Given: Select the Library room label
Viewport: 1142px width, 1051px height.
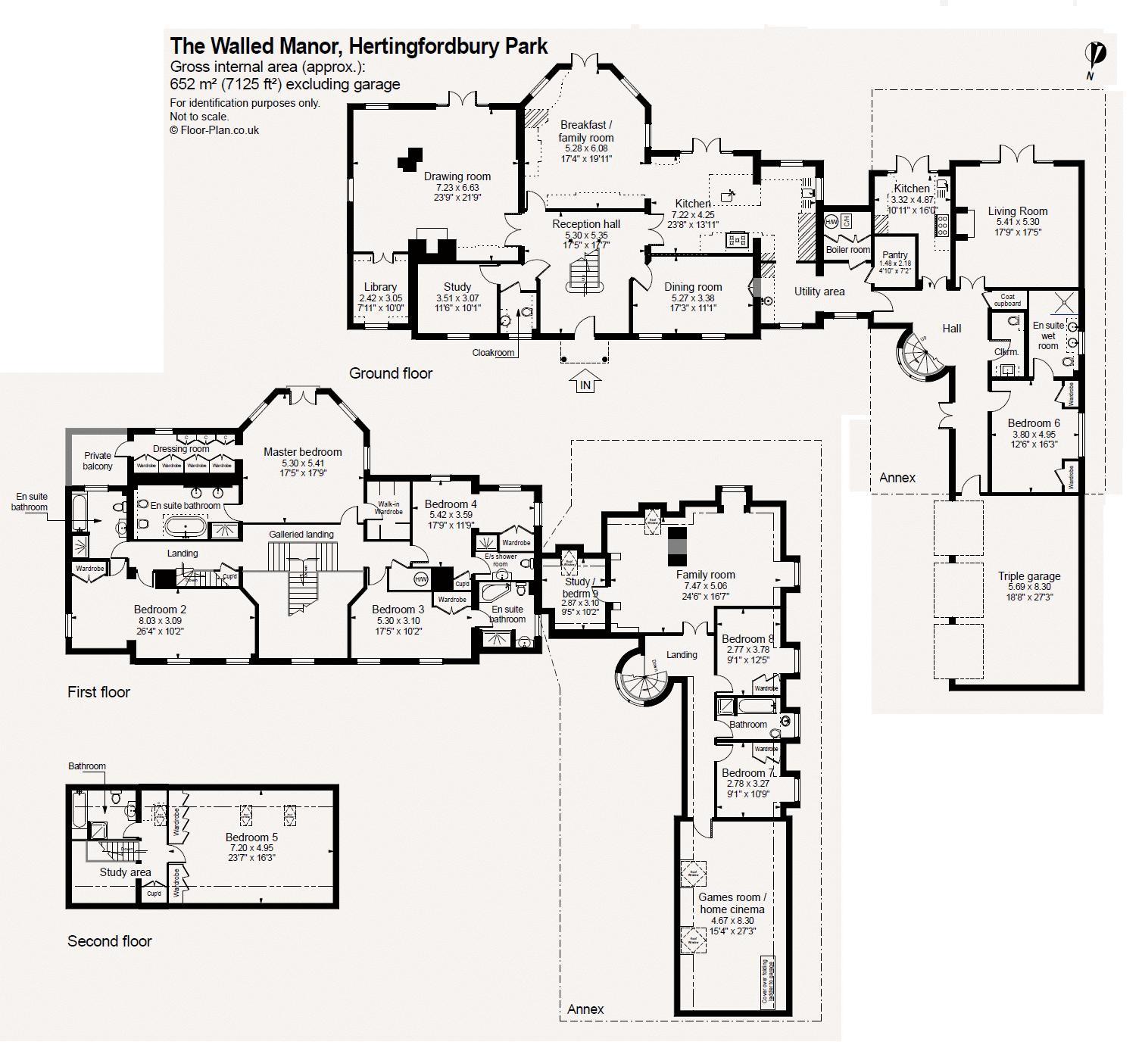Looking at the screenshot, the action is [x=380, y=287].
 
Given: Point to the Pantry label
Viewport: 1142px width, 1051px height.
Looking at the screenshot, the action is [x=895, y=255].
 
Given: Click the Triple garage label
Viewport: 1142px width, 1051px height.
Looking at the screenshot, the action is [x=1029, y=576].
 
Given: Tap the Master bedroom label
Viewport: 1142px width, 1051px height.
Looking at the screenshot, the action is [x=303, y=452].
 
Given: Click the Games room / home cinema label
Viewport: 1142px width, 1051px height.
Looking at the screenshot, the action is [x=732, y=903].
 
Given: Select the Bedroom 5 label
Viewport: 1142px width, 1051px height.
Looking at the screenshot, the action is [x=251, y=837].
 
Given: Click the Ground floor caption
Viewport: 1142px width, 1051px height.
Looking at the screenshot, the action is [x=391, y=373].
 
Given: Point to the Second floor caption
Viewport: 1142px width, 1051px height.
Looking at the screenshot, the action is [x=110, y=941].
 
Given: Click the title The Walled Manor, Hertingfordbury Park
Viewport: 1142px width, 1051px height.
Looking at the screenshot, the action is [x=359, y=46].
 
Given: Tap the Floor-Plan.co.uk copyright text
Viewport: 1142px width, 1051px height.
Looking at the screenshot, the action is [x=214, y=130].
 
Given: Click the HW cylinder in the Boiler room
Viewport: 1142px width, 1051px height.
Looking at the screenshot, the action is [x=832, y=222].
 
